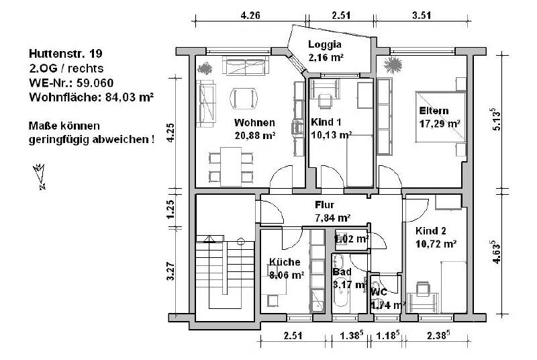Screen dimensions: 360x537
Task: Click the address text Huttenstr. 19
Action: [x=65, y=53]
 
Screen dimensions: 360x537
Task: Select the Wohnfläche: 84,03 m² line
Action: [x=91, y=97]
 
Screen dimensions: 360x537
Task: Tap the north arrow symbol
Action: [x=40, y=175]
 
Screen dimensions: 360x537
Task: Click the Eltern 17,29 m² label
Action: [x=439, y=117]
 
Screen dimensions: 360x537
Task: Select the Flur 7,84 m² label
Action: [x=332, y=211]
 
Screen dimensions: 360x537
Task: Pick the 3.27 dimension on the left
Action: [x=171, y=271]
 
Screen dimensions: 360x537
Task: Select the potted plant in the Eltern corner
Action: [x=393, y=65]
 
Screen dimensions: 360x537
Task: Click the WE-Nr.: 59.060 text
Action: [x=70, y=83]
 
